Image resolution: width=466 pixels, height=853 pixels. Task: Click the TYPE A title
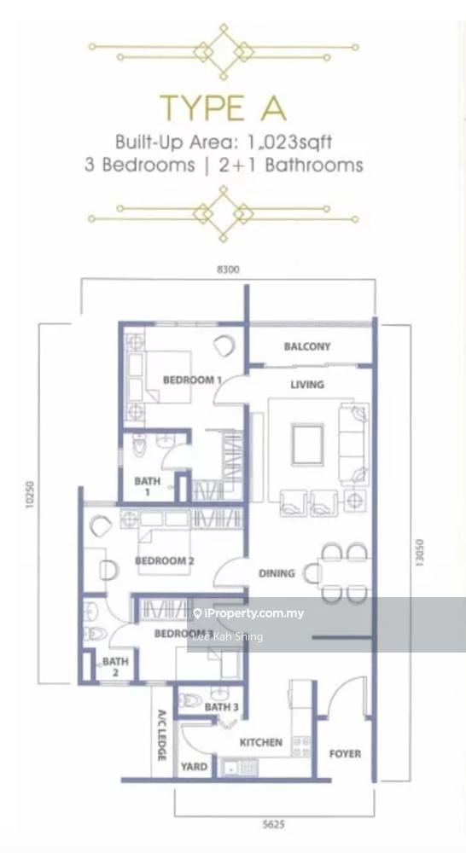click(223, 109)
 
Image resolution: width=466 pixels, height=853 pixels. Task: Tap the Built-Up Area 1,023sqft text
click(224, 142)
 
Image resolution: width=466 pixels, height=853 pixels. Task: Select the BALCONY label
click(307, 346)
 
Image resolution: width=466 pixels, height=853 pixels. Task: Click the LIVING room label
click(307, 385)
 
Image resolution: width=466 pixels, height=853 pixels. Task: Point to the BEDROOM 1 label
click(193, 380)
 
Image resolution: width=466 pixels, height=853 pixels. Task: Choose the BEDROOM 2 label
click(166, 560)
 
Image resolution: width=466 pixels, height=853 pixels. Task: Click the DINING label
click(277, 573)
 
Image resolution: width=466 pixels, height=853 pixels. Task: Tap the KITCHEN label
click(260, 742)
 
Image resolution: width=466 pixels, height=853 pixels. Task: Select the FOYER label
click(345, 753)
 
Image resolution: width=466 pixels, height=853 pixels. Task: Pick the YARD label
click(194, 767)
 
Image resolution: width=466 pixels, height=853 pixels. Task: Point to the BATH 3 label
click(221, 707)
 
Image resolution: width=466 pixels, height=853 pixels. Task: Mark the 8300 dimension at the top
click(228, 270)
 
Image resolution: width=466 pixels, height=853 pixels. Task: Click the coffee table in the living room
click(307, 443)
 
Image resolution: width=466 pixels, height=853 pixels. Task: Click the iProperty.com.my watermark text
click(253, 613)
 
